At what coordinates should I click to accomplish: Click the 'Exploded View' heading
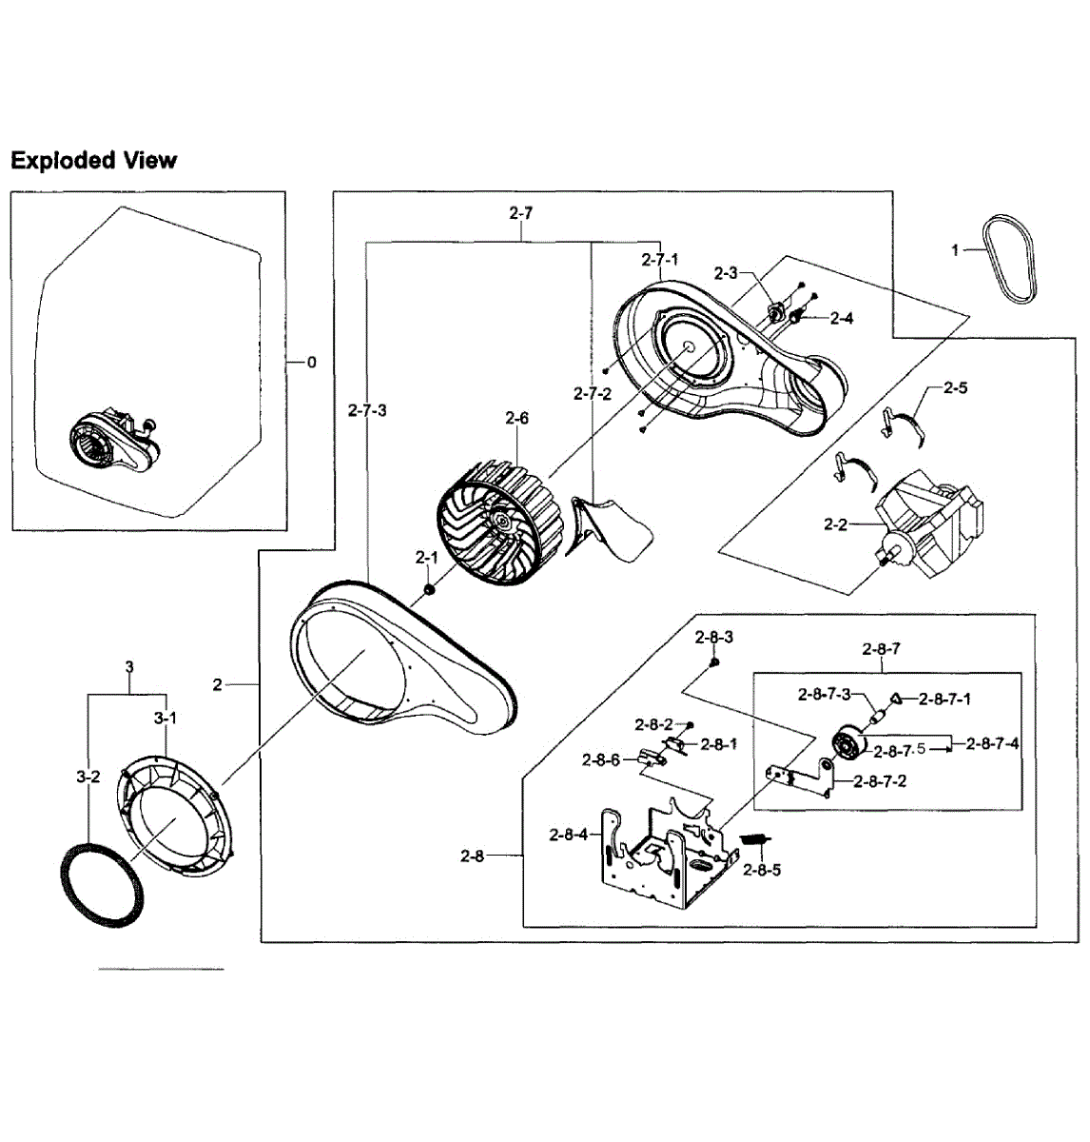click(93, 160)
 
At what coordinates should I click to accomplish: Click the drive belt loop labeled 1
click(1016, 258)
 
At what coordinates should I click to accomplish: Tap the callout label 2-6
click(516, 418)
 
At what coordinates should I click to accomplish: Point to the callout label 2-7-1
click(659, 259)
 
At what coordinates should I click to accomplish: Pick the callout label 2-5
click(956, 388)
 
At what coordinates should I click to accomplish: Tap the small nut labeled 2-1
click(429, 591)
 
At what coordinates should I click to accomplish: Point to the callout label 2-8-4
click(569, 835)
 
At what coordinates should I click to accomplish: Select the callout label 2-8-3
click(713, 636)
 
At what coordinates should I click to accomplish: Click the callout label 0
click(312, 363)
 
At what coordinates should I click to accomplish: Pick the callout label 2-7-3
click(366, 410)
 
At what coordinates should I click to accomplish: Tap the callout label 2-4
click(841, 319)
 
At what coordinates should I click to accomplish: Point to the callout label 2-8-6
click(601, 759)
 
